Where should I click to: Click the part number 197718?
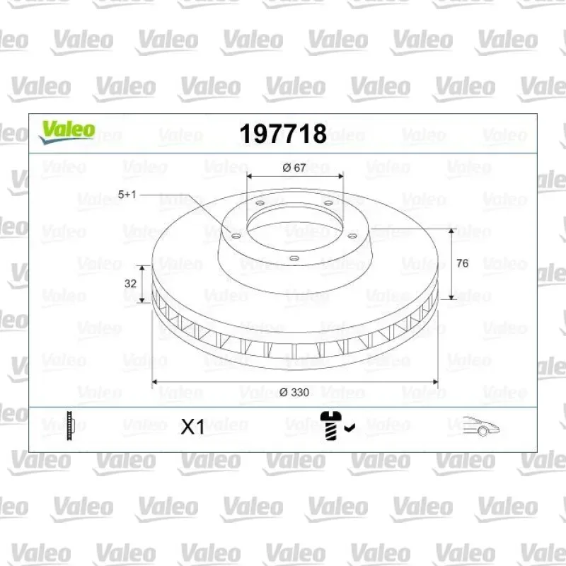[x=283, y=134]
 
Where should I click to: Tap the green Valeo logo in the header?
[x=67, y=132]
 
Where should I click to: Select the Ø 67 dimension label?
[x=294, y=168]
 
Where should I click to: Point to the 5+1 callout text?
[x=127, y=195]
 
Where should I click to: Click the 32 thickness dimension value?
[x=130, y=284]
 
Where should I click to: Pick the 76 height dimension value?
[x=463, y=263]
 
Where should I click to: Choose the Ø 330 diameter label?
[x=294, y=393]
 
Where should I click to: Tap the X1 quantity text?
[x=192, y=427]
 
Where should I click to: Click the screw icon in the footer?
[x=330, y=426]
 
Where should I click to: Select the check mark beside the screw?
[x=350, y=427]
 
